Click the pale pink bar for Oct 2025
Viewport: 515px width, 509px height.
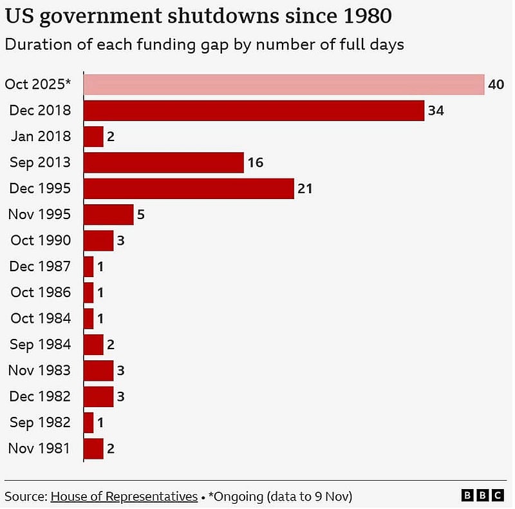click(x=284, y=84)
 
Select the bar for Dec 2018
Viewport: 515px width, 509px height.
click(x=254, y=110)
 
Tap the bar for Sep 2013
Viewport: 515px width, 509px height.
click(x=164, y=162)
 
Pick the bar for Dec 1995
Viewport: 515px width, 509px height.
click(x=189, y=188)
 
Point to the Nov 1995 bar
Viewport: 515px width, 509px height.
click(x=109, y=215)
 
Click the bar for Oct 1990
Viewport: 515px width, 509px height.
click(x=98, y=240)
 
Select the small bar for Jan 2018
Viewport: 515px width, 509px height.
click(x=93, y=137)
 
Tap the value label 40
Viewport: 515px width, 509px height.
click(x=496, y=84)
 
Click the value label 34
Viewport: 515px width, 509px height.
click(x=436, y=110)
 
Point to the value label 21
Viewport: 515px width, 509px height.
click(x=305, y=188)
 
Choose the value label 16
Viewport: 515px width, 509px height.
click(x=256, y=162)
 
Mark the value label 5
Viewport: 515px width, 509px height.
click(x=141, y=215)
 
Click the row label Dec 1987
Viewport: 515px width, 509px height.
click(x=40, y=266)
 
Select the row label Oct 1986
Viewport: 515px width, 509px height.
click(x=41, y=293)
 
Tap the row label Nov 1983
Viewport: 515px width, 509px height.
click(x=39, y=370)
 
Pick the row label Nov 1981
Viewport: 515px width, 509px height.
click(x=39, y=448)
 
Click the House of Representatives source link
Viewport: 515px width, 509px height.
click(x=124, y=496)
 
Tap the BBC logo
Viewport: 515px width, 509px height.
click(x=482, y=495)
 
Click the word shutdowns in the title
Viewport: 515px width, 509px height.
click(x=223, y=15)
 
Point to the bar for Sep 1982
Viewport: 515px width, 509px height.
click(x=89, y=422)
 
